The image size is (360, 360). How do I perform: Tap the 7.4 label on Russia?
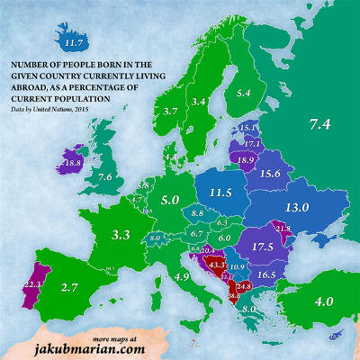(x=319, y=124)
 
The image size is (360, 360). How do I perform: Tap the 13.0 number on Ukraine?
(x=297, y=207)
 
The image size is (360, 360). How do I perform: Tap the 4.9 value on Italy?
(x=181, y=276)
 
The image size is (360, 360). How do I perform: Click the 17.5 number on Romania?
(x=263, y=247)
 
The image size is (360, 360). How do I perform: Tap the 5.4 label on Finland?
(x=243, y=93)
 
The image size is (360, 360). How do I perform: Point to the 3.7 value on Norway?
(x=170, y=111)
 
